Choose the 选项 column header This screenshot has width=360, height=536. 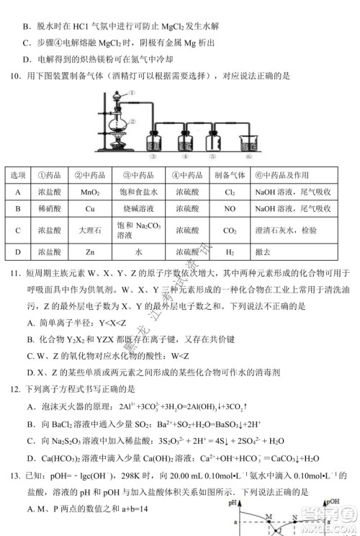(18, 177)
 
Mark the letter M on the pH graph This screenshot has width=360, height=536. (267, 514)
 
